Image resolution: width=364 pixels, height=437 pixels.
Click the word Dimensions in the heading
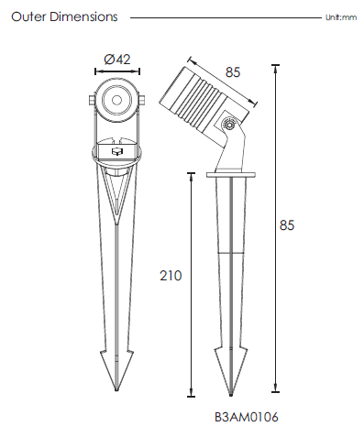coord(83,16)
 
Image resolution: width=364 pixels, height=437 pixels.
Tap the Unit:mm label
coord(341,17)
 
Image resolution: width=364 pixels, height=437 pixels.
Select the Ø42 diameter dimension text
coord(117,60)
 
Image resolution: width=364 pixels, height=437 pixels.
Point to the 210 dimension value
coord(171,276)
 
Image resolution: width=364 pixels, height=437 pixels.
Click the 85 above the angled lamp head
coord(233,72)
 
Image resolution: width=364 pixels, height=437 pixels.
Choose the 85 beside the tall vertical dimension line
coord(287,225)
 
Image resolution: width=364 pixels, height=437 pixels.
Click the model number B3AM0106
coord(247,417)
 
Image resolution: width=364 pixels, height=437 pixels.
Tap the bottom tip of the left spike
coord(116,390)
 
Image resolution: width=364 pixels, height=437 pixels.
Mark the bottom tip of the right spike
coord(231,395)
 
